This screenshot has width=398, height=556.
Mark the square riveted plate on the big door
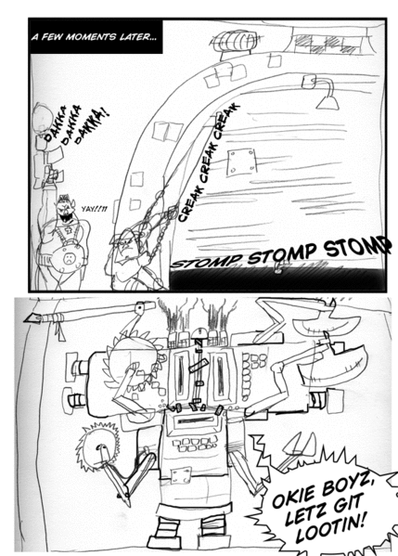click(244, 159)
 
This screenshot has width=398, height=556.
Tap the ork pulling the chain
click(125, 255)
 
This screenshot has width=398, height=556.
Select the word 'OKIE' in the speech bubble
click(290, 499)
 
